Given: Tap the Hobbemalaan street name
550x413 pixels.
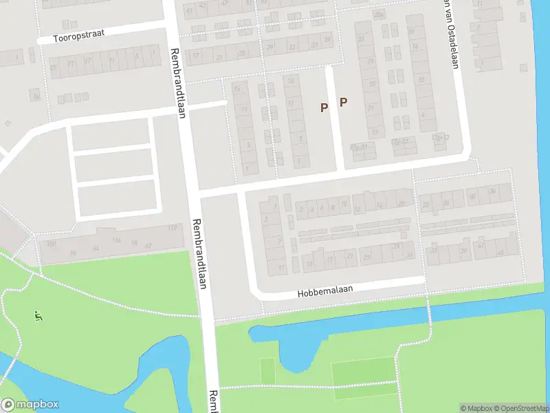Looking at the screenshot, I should click(325, 292).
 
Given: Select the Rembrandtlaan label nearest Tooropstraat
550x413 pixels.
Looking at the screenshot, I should click(178, 83).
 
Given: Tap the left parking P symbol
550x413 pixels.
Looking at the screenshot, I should click(324, 107).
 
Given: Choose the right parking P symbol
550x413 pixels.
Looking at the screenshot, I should click(343, 102).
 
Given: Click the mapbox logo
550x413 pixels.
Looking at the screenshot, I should click(30, 405).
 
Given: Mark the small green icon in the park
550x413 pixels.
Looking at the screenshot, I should click(37, 316).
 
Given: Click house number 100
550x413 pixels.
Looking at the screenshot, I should click(50, 244).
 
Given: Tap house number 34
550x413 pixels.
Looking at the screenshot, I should click(492, 191).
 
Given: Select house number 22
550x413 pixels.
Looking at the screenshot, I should click(425, 204).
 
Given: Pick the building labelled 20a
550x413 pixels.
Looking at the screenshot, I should click(378, 14).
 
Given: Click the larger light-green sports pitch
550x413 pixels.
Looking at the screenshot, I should click(363, 372).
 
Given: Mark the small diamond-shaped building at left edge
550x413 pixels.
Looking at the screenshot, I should click(7, 123).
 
